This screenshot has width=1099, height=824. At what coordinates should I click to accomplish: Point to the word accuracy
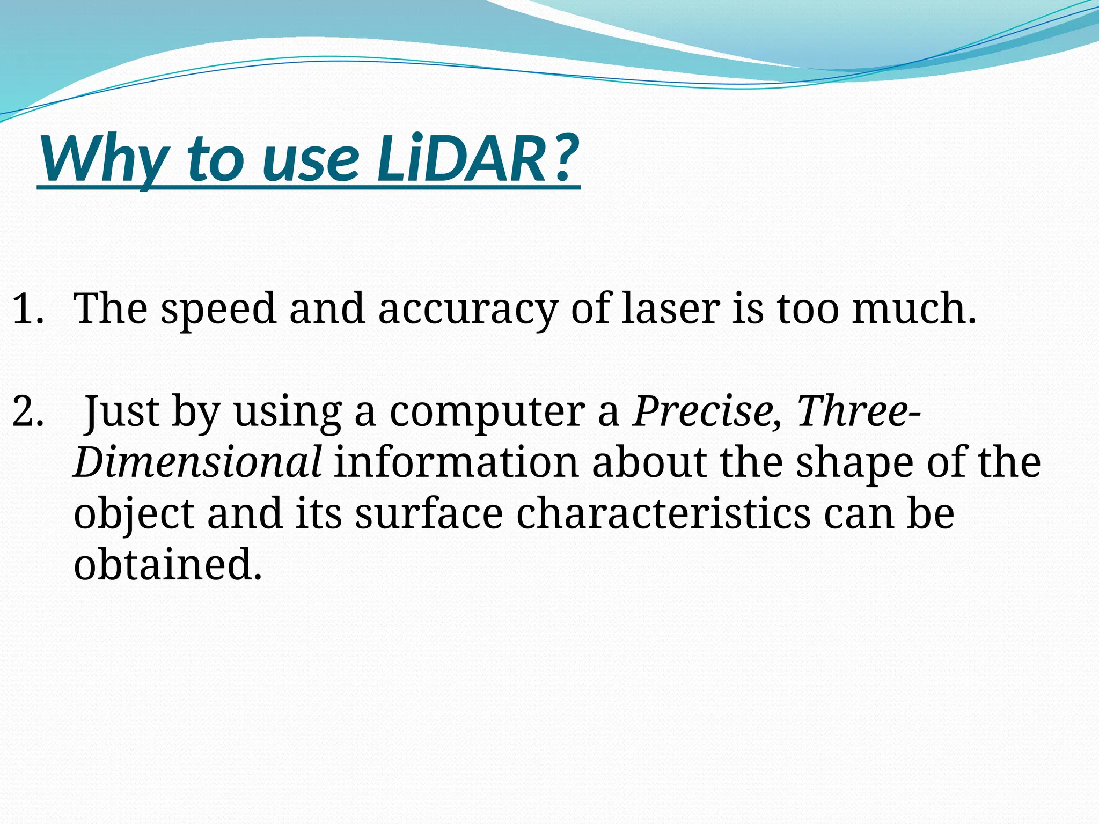click(467, 310)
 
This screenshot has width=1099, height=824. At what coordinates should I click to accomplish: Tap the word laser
click(670, 310)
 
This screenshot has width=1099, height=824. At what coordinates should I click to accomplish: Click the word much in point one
click(912, 310)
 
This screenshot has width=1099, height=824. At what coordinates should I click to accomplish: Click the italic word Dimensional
click(197, 462)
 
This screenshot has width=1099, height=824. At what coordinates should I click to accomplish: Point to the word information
click(456, 462)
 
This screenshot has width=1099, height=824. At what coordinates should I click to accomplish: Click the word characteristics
click(663, 514)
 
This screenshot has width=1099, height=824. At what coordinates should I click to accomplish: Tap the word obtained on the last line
click(167, 564)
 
